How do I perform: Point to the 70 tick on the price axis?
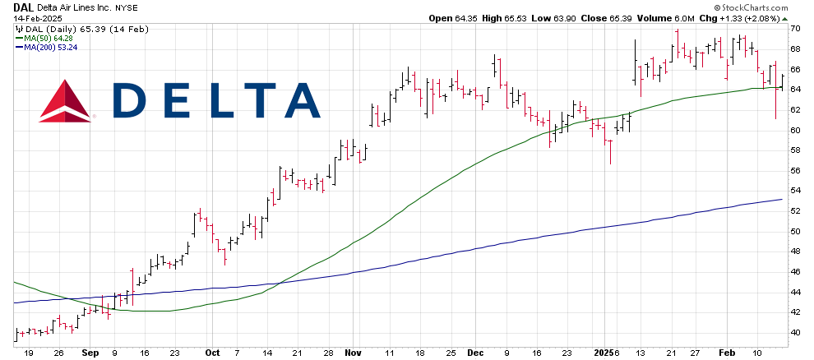click(x=795, y=29)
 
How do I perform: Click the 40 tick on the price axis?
click(x=795, y=332)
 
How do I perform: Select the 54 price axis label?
click(x=795, y=191)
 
